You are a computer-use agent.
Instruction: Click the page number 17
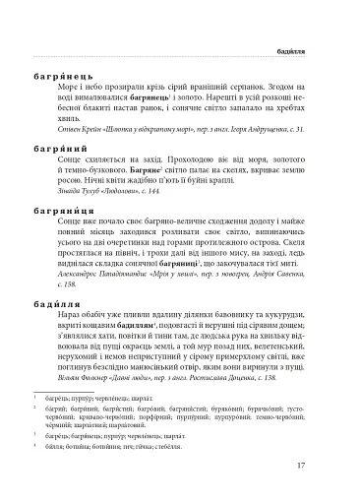(x=312, y=468)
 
